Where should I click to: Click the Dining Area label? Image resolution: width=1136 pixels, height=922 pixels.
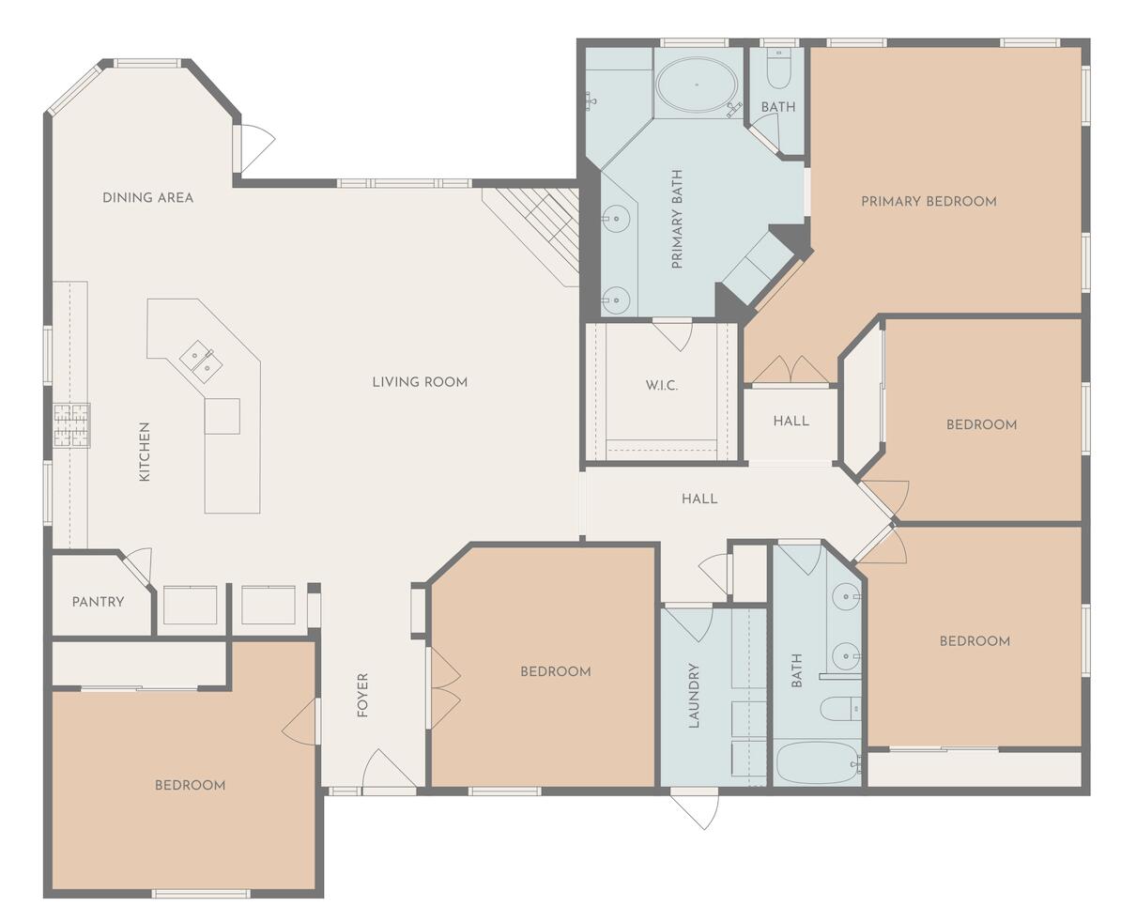[x=147, y=197]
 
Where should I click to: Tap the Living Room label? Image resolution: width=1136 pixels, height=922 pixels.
[x=420, y=382]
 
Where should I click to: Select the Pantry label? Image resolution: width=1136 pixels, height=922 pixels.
[x=98, y=601]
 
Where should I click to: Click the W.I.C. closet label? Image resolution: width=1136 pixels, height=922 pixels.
[x=661, y=386]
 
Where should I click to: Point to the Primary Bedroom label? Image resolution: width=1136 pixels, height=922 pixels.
[x=929, y=201]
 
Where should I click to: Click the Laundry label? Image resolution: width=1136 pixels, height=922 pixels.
[x=695, y=696]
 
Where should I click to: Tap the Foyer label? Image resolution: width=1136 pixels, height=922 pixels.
[x=362, y=696]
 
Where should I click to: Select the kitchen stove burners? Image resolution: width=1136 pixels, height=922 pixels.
[x=71, y=424]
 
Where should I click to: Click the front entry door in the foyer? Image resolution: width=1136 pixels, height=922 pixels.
[x=388, y=772]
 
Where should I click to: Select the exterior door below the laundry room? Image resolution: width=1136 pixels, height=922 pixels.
[x=696, y=809]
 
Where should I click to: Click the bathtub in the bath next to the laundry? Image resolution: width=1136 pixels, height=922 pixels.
[x=816, y=763]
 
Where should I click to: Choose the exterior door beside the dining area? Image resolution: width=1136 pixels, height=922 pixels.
[x=253, y=147]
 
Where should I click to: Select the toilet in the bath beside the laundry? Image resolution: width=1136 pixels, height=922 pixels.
[x=838, y=708]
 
